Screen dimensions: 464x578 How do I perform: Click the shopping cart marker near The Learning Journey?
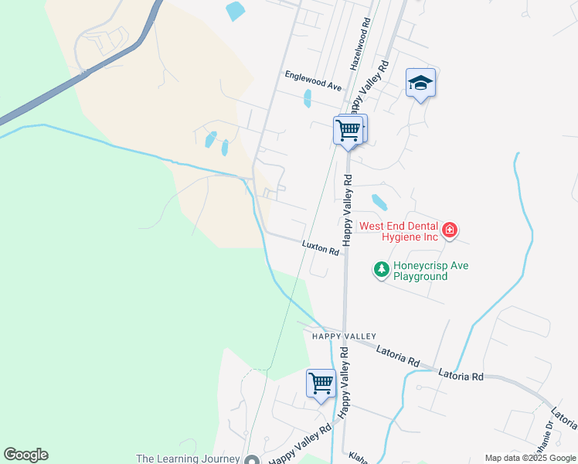point(321,383)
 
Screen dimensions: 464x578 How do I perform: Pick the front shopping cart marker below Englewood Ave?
point(348,130)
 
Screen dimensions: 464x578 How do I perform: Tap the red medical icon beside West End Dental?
point(449,230)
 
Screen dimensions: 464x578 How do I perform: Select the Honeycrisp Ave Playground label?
point(430,271)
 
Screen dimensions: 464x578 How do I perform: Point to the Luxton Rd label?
point(321,247)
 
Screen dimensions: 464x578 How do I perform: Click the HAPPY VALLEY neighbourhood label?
point(344,336)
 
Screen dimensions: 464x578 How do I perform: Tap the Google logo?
point(25,455)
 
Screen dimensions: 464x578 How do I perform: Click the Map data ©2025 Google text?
point(530,458)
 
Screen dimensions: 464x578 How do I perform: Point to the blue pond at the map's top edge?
point(233,11)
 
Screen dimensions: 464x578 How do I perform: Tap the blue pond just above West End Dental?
point(379,202)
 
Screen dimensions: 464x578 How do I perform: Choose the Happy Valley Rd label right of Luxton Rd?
point(347,210)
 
